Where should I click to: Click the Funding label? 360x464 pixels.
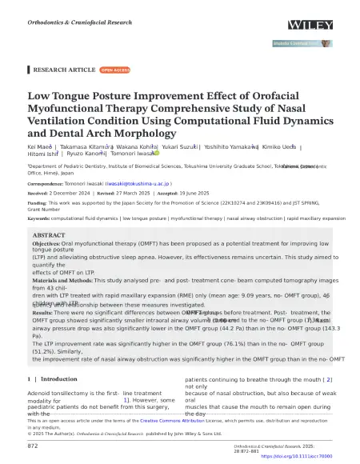coord(39,204)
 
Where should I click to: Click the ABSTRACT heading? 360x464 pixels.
coord(50,235)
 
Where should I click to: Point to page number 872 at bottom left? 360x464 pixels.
coord(34,445)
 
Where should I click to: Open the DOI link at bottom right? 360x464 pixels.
coord(295,456)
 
